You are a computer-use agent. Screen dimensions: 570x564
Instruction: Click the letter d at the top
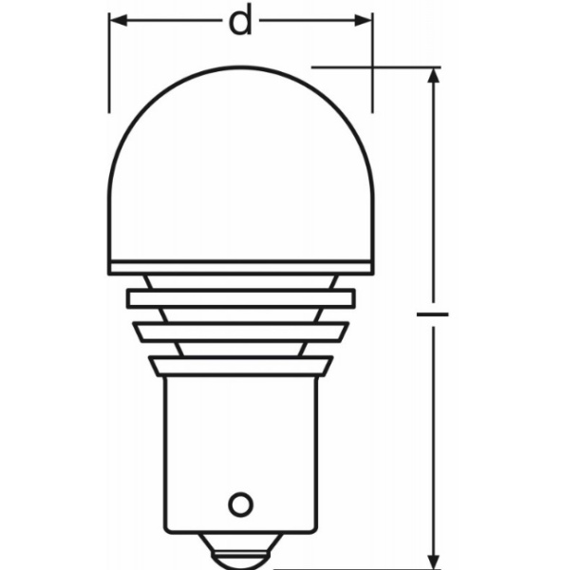pyautogui.click(x=241, y=21)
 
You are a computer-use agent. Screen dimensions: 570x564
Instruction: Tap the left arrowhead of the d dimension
pyautogui.click(x=117, y=20)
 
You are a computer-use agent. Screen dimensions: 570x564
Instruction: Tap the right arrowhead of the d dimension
pyautogui.click(x=364, y=20)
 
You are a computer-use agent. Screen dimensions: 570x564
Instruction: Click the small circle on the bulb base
pyautogui.click(x=242, y=502)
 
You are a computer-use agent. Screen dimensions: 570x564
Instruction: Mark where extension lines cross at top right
pyautogui.click(x=371, y=67)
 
